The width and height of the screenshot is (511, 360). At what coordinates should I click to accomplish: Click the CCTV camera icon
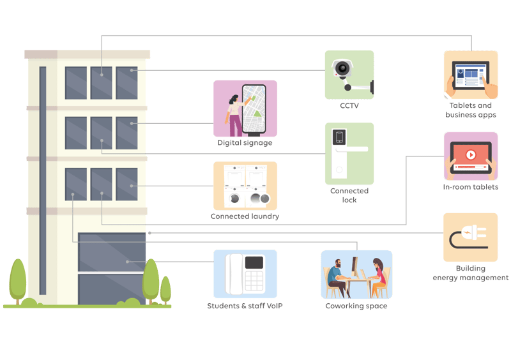(x=348, y=74)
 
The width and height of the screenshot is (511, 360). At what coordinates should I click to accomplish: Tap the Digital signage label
(x=245, y=143)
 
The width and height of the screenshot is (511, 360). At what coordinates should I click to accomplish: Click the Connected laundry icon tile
(x=245, y=186)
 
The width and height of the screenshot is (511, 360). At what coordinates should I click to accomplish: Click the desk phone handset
(x=234, y=273)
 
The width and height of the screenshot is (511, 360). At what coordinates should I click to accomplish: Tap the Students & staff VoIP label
(x=245, y=306)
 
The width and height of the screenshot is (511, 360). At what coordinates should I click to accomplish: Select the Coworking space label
(x=356, y=306)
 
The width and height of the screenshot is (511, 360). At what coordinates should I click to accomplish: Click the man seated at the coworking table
(x=335, y=276)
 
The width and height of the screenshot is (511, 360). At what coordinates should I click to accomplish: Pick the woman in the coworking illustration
(x=378, y=275)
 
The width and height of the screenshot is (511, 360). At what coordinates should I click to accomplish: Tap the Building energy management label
(x=471, y=273)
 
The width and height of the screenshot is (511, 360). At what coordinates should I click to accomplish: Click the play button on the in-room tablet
(x=471, y=154)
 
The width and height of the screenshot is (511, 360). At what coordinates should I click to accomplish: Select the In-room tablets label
(x=471, y=187)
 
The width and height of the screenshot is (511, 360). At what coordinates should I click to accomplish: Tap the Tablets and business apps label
(x=471, y=110)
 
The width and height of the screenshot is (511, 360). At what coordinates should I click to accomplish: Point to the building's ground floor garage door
(x=112, y=268)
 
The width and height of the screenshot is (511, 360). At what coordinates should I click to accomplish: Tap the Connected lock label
(x=349, y=195)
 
